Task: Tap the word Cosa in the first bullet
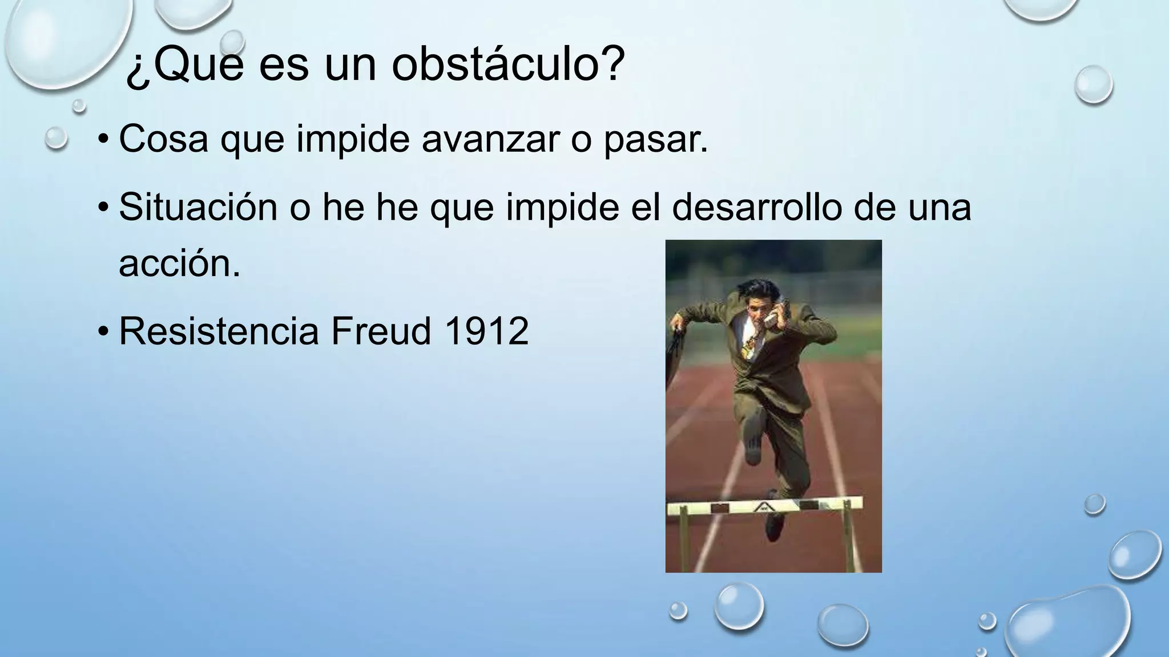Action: (163, 139)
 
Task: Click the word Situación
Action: (198, 207)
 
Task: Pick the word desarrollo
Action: (756, 207)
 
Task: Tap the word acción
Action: (179, 263)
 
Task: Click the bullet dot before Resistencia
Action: (102, 332)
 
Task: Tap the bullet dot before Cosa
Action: (102, 140)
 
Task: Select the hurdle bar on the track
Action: (764, 505)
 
